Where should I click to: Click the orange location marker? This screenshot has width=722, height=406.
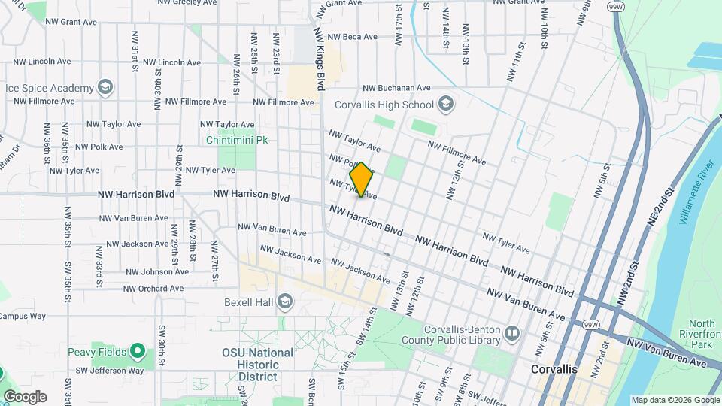pos(361,180)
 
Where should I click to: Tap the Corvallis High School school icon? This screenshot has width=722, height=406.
pos(446,104)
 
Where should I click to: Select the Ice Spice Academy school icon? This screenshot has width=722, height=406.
pos(105,87)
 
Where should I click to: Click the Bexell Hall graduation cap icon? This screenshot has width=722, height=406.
pos(284,302)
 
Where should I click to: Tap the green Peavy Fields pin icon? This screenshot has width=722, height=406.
pos(137,351)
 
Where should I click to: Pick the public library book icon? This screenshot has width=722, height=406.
pos(512,332)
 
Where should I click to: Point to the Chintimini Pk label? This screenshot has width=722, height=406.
pos(238,140)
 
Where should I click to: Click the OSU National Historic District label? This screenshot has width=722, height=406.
pos(257,364)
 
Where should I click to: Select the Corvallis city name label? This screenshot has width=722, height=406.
pos(554,369)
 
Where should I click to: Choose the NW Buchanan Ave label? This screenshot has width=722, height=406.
pos(396,88)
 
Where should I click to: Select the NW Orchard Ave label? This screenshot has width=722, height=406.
pos(153,288)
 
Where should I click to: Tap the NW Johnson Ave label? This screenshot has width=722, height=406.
pos(156,271)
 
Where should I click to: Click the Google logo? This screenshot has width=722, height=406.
pos(25,396)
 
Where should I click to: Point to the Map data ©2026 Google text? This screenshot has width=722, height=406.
pos(675,400)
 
